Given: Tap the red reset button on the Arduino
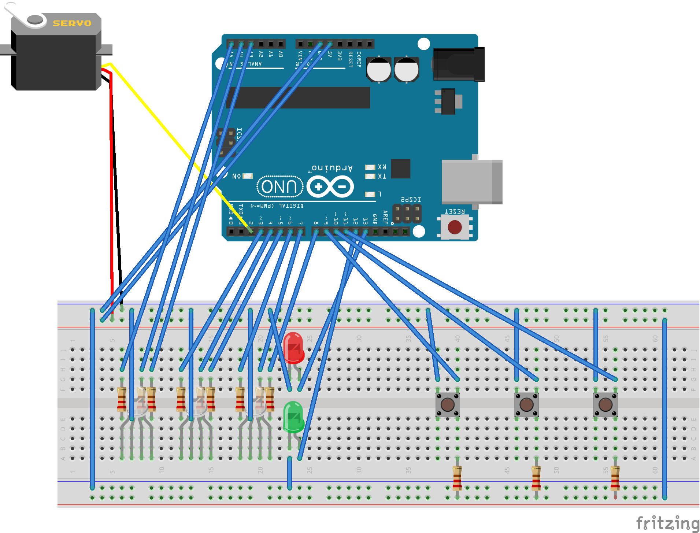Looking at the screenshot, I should [455, 227].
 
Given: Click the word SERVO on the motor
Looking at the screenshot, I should [72, 23].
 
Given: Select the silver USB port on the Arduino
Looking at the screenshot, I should [471, 181].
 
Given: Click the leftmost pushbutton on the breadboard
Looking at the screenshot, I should [448, 404].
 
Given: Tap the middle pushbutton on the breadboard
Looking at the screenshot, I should [526, 404].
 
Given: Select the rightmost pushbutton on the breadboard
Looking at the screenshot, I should [605, 404].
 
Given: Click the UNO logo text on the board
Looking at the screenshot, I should [280, 186].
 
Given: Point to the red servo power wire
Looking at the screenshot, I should [111, 183].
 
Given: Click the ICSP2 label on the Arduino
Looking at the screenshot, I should [411, 200].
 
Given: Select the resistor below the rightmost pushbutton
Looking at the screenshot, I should [615, 478].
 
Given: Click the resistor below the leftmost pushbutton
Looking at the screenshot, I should [457, 478].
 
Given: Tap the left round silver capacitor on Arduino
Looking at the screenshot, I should [379, 70].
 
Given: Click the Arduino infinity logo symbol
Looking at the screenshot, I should [330, 186].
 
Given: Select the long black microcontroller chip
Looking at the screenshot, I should [299, 97].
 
